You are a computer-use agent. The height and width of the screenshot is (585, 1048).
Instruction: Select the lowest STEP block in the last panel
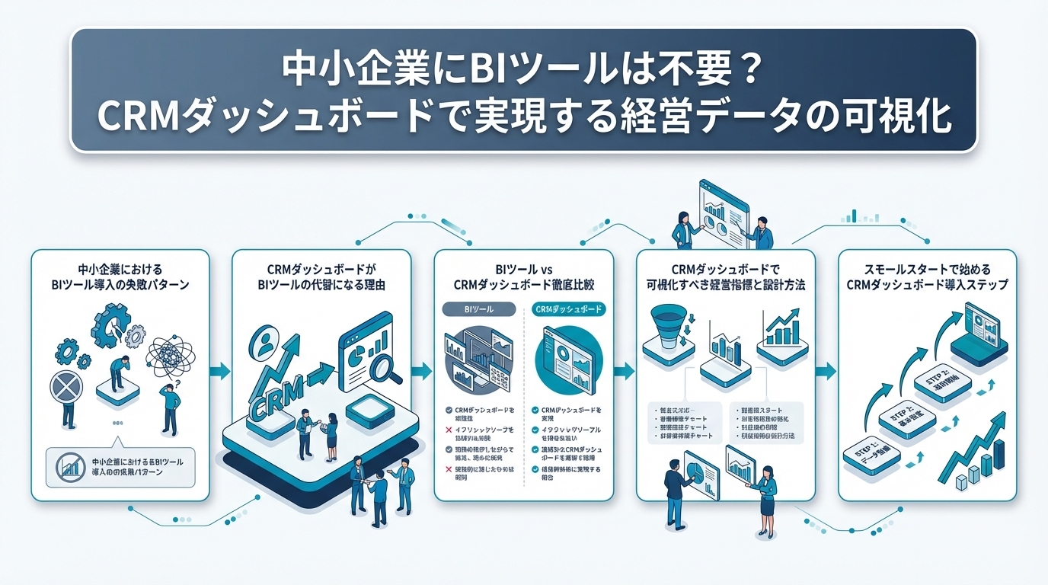(872, 456)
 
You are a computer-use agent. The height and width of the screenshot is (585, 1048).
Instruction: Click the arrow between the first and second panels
(219, 371)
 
